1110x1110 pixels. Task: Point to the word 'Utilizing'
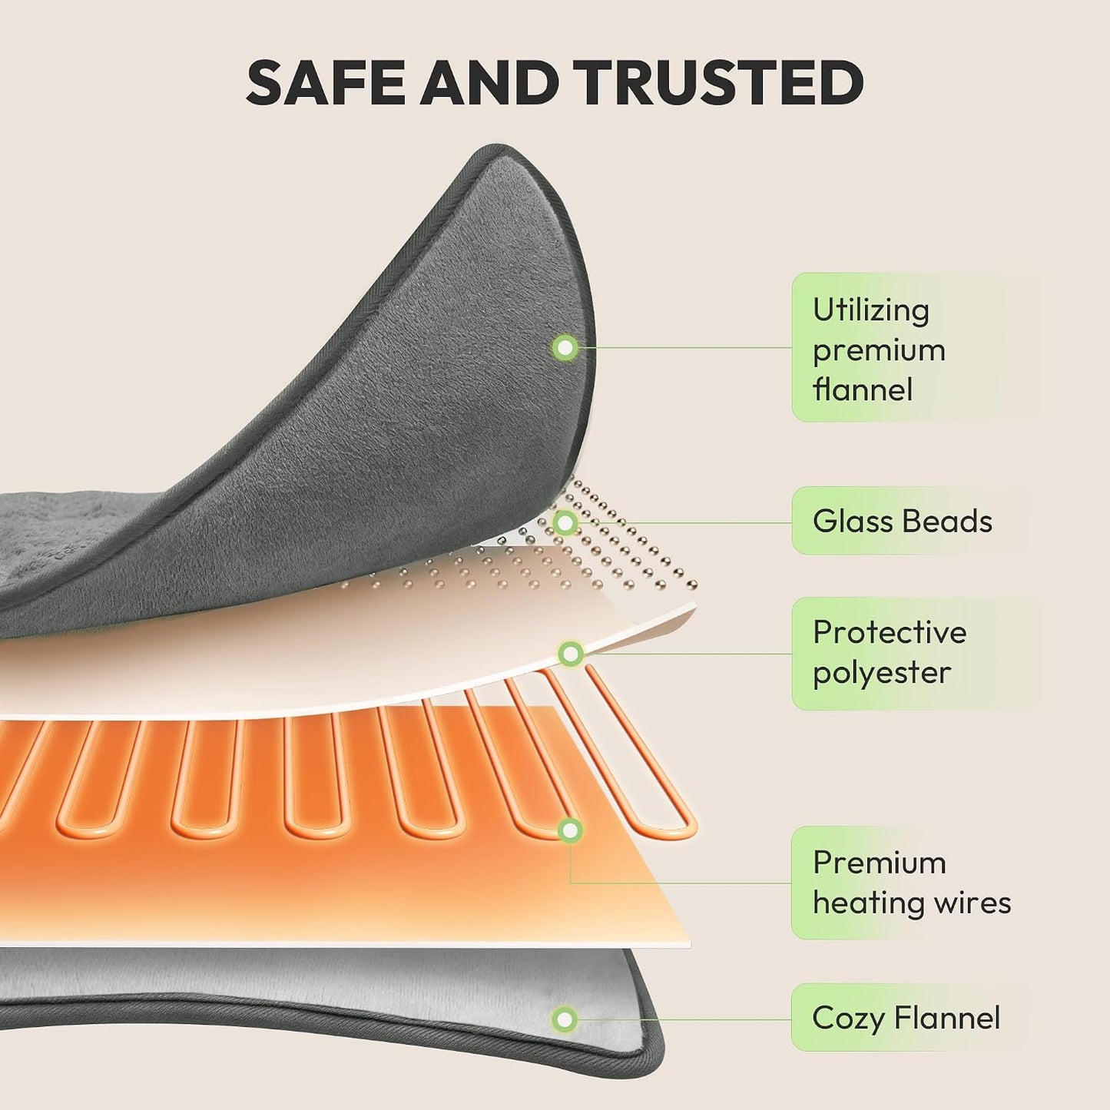[871, 311]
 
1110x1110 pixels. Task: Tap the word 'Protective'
[890, 632]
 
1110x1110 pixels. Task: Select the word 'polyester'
[882, 673]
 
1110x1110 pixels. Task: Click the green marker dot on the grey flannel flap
[565, 347]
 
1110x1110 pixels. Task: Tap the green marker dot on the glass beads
[565, 523]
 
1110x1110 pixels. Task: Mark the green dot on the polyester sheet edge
[571, 654]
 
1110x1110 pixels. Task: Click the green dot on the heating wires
[570, 830]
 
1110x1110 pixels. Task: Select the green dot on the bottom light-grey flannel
[565, 1019]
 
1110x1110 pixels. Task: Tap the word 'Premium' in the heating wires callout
[880, 863]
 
